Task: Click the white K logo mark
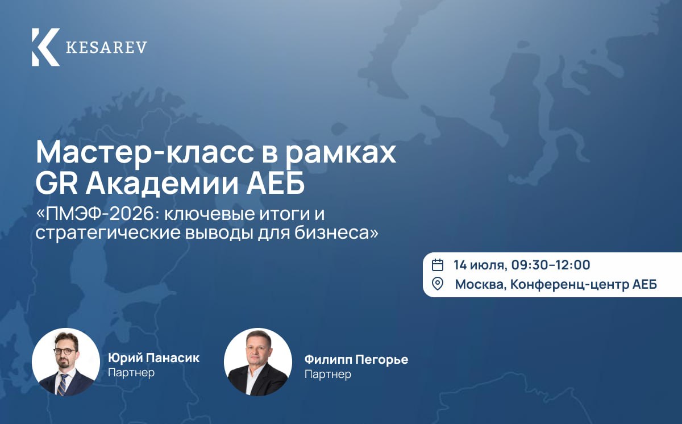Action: (45, 47)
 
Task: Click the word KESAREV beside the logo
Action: (107, 48)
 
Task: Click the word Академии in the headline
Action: (162, 185)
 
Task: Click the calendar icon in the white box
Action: (438, 265)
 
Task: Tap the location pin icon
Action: (438, 284)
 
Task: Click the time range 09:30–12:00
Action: (551, 265)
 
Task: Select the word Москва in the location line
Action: (481, 285)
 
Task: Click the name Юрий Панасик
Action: (154, 358)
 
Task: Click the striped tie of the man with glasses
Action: (63, 384)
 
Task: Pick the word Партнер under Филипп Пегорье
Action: (328, 374)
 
